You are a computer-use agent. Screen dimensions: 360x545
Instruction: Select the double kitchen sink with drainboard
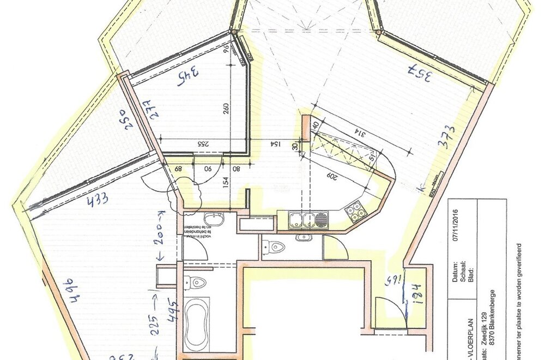308,220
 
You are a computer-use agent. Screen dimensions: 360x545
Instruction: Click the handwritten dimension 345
187,77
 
